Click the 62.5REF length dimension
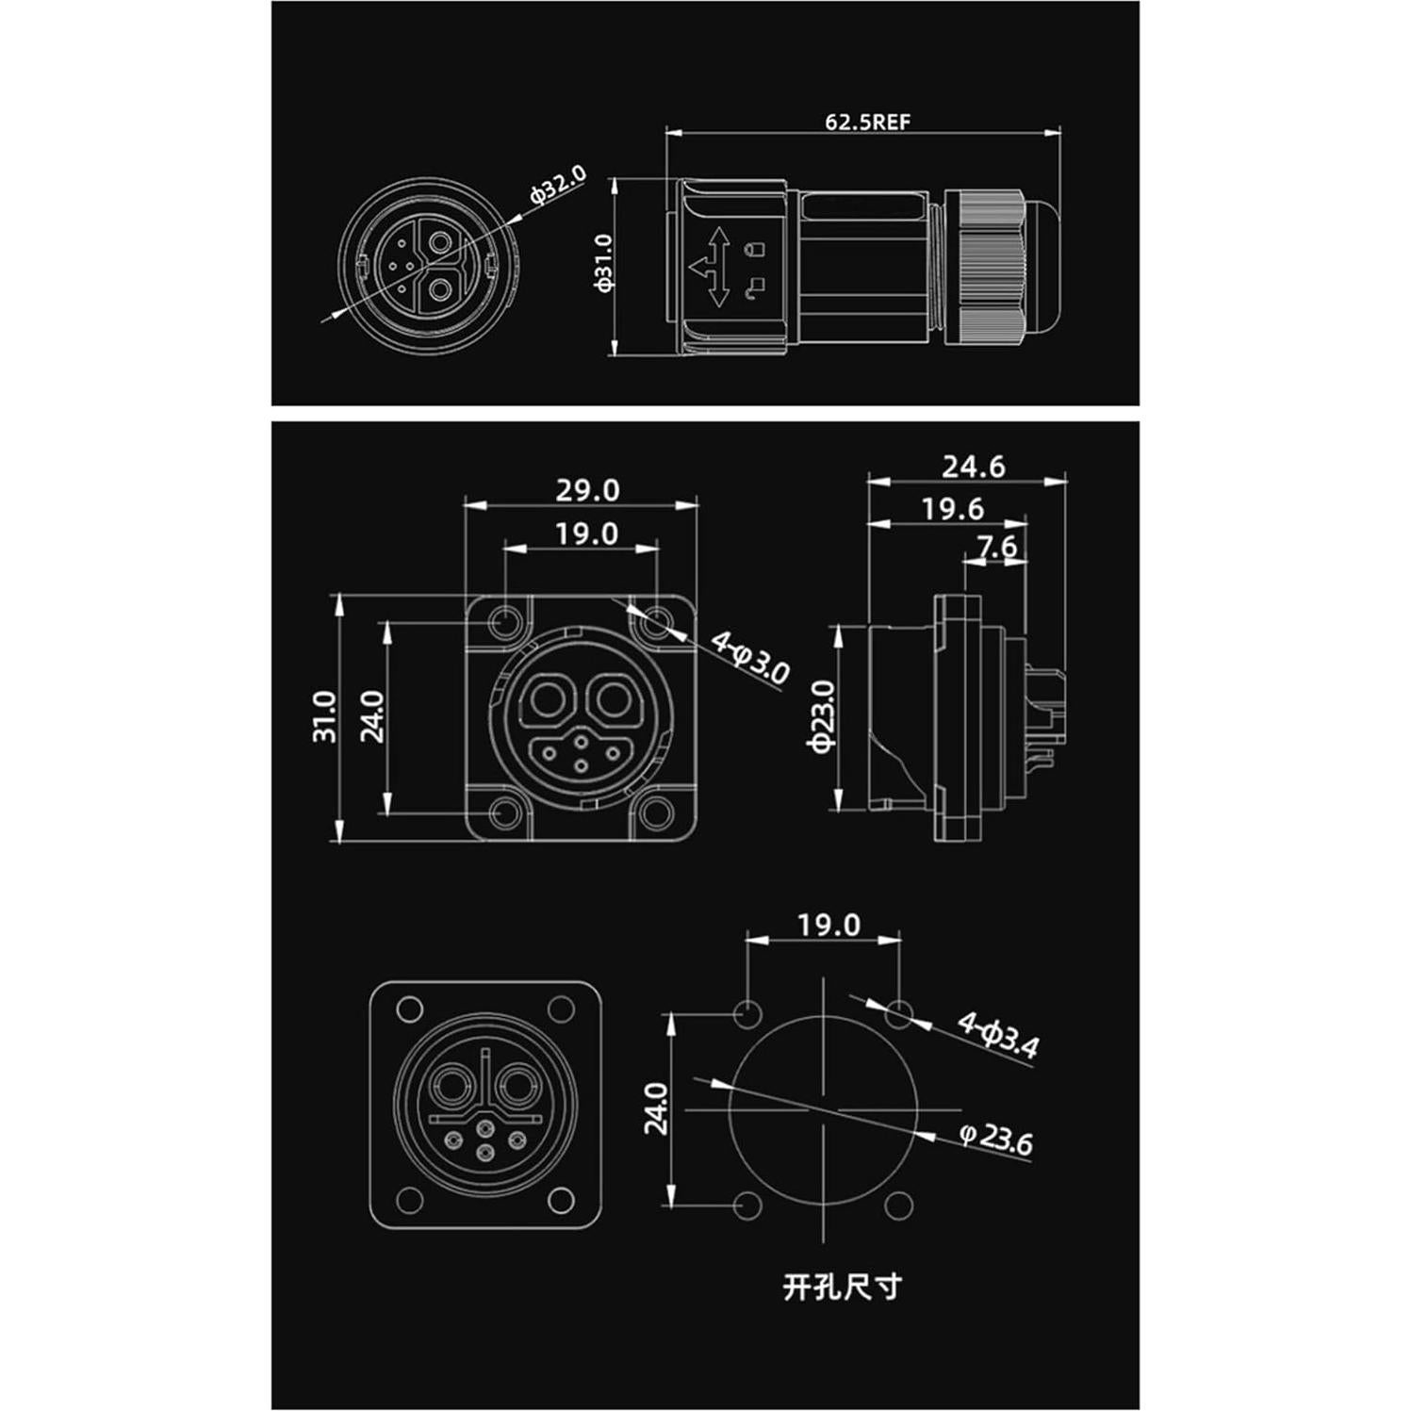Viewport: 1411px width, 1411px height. coord(867,123)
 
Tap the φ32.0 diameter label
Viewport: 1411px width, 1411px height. coord(558,186)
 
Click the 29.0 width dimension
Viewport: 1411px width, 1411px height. coord(586,490)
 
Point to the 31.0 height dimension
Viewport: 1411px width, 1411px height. coord(324,716)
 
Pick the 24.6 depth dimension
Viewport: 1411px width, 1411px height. coord(973,467)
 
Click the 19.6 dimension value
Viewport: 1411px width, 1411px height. coord(952,509)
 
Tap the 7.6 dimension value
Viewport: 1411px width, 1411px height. coord(996,547)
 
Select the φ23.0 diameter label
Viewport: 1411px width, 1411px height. coord(822,715)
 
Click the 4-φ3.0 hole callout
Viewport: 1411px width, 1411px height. coord(750,658)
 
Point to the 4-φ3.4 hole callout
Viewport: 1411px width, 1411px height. coord(998,1035)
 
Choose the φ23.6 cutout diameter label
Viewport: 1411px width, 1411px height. coord(995,1139)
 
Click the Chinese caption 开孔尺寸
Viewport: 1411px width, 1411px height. coord(841,1286)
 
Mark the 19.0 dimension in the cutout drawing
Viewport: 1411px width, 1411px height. coord(829,925)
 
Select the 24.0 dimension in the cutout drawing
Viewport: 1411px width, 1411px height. coord(657,1108)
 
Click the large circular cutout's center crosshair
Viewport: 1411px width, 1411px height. coord(824,1109)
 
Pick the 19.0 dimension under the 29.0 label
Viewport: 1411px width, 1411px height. coord(586,533)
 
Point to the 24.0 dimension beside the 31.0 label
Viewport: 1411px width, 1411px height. coord(373,716)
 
